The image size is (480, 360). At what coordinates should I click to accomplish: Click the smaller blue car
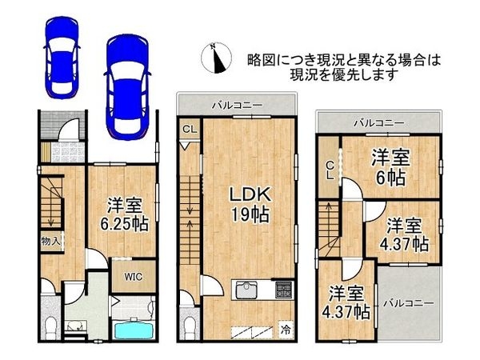[x=62, y=58]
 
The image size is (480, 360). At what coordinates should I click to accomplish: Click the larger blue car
[x=127, y=87]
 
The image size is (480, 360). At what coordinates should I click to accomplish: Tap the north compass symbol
[x=216, y=58]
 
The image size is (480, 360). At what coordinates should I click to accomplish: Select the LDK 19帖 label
[x=250, y=205]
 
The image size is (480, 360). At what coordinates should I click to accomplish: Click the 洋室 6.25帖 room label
[x=125, y=215]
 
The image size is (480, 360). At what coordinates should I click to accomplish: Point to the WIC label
[x=133, y=277]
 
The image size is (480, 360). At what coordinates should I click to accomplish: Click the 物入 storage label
[x=50, y=242]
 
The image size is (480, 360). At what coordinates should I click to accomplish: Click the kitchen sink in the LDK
[x=246, y=289]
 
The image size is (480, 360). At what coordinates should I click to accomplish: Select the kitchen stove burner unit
[x=284, y=290]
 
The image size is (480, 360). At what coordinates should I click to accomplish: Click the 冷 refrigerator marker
[x=286, y=330]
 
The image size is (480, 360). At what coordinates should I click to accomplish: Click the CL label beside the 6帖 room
[x=330, y=170]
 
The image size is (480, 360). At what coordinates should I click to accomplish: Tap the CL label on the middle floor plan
[x=190, y=129]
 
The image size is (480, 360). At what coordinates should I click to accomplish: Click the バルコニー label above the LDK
[x=238, y=106]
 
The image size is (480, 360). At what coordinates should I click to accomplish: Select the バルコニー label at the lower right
[x=408, y=303]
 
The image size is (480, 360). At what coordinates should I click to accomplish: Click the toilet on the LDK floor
[x=190, y=327]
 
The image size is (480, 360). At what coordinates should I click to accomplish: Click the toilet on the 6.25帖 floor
[x=50, y=327]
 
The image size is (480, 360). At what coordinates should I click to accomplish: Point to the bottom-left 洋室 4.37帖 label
[x=346, y=302]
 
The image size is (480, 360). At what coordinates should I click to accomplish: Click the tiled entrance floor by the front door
[x=68, y=152]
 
